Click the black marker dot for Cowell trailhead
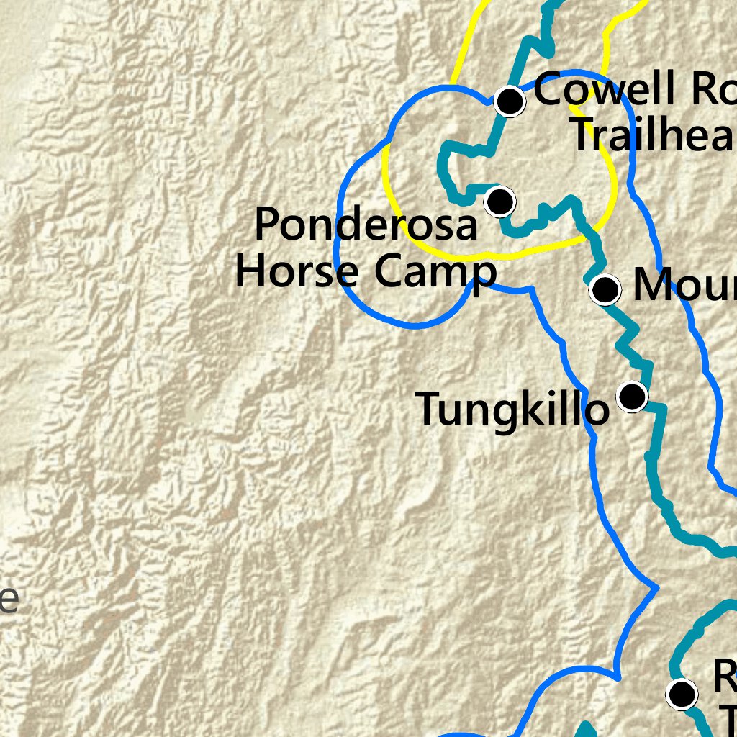pos(510,101)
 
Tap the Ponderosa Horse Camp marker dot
pos(499,202)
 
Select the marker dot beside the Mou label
pos(605,289)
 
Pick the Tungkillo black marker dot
pos(632,396)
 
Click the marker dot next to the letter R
pos(681,694)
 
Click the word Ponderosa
pos(366,225)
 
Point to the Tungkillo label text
pos(512,409)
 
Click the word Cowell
pos(605,90)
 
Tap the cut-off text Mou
pos(684,286)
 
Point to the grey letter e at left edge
pos(8,600)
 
